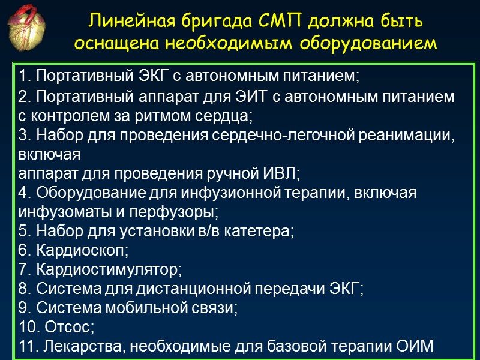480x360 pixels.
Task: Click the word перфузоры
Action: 186,212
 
